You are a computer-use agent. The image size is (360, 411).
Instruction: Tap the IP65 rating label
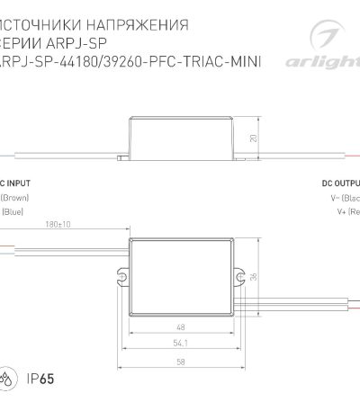click(39, 377)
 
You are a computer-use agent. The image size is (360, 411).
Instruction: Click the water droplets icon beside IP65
click(11, 377)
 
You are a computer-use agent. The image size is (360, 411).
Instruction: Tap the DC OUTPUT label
click(339, 182)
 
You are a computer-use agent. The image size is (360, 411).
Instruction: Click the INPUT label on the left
click(17, 182)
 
